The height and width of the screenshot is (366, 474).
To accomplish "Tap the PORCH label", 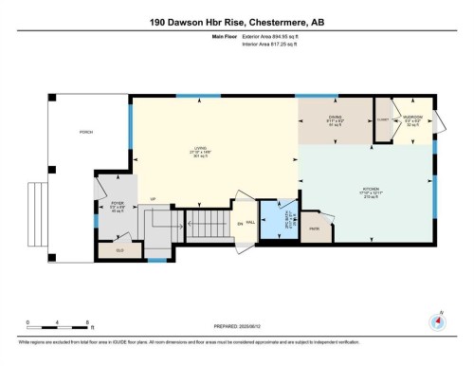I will tap(84, 133).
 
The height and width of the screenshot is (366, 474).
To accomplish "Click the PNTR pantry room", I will tap(314, 229).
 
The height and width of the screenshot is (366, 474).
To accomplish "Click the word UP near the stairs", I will tap(152, 199).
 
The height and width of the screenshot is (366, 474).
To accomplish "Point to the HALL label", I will tap(250, 224).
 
